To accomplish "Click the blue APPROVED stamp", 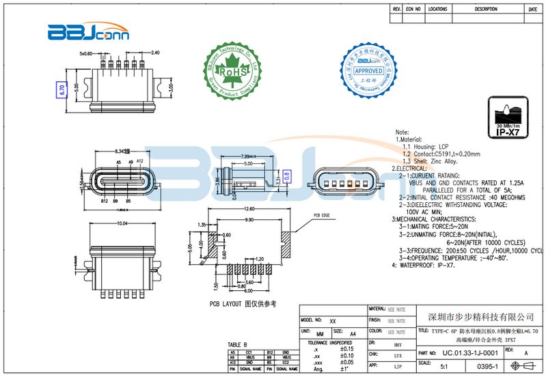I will click(x=368, y=70).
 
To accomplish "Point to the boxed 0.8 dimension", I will click(x=287, y=176).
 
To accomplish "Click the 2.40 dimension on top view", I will click(x=155, y=53).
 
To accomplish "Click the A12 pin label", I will click(x=139, y=161).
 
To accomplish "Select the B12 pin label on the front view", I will click(x=105, y=202).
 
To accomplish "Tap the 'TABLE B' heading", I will click(x=237, y=344).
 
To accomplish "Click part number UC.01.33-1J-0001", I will click(x=469, y=353).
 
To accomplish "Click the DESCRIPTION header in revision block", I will click(x=486, y=10).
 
